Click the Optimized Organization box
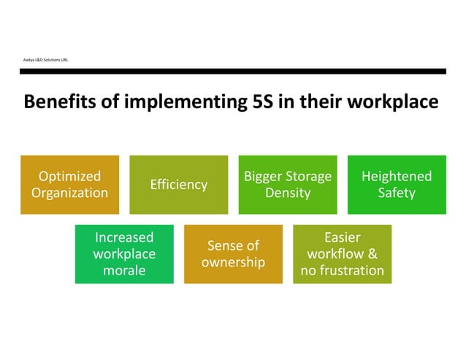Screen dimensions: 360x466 [x=69, y=185]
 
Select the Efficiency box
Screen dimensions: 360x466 [x=178, y=185]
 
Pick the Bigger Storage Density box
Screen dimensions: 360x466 [x=288, y=185]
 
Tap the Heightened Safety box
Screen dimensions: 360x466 [x=397, y=185]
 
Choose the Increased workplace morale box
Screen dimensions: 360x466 [x=124, y=254]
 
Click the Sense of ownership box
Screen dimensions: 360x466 [x=233, y=254]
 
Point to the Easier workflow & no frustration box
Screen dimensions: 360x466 [x=342, y=254]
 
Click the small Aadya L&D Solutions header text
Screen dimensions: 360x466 [x=46, y=58]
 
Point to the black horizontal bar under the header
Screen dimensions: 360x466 [x=233, y=71]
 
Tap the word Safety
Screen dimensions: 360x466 [x=397, y=194]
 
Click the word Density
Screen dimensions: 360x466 [x=288, y=194]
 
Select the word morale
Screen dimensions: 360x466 [x=124, y=271]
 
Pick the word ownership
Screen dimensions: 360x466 [x=233, y=262]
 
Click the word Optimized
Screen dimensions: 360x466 [x=69, y=176]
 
